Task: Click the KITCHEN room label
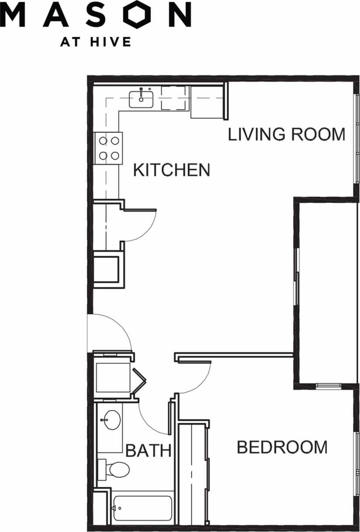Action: pos(171,170)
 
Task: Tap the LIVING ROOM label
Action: pos(287,134)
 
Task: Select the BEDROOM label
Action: pos(282,447)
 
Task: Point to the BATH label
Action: pos(148,450)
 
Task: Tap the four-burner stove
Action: pos(109,148)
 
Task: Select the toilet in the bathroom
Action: pos(115,470)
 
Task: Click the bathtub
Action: pos(143,508)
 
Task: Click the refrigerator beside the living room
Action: pos(207,101)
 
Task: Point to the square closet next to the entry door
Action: pos(113,377)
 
